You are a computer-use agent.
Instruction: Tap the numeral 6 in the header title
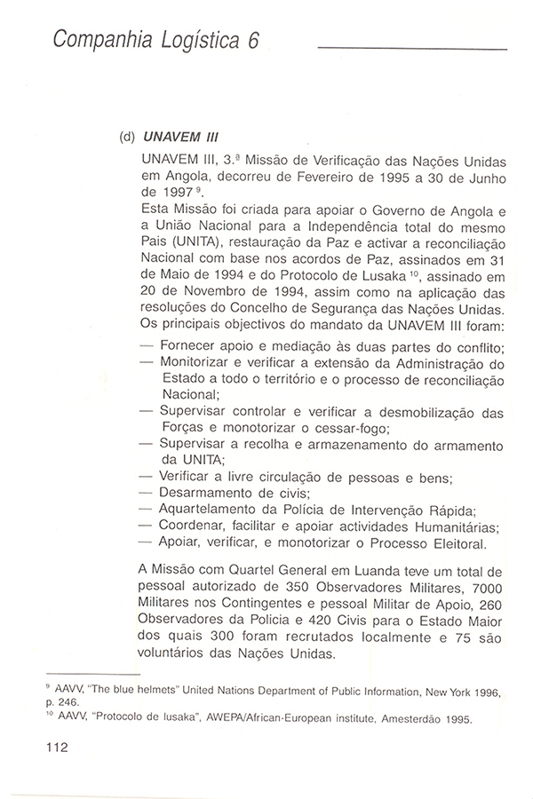click(x=252, y=42)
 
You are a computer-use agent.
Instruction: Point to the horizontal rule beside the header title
click(x=412, y=48)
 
